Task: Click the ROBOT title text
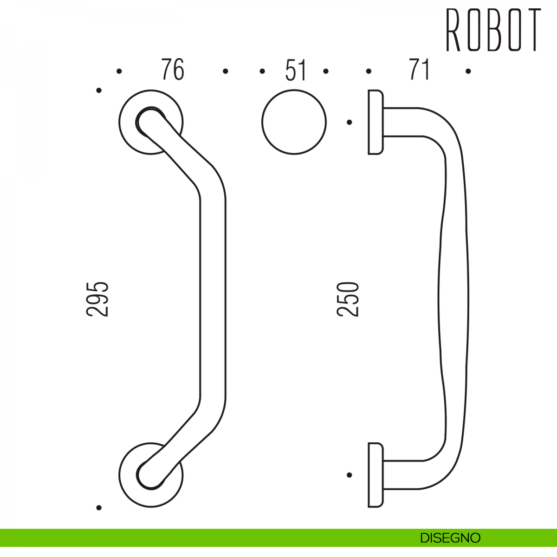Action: tap(493, 30)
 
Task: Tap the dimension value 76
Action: tap(173, 70)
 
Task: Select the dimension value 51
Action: tap(296, 71)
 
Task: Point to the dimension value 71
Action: tap(419, 70)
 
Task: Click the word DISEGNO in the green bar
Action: tap(450, 538)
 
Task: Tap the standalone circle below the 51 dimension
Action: tap(294, 122)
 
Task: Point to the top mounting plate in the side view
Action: tap(375, 122)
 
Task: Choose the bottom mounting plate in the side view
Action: tap(375, 475)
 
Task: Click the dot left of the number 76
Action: tap(119, 71)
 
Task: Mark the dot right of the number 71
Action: tap(468, 71)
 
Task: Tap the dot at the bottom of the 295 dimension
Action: tap(99, 508)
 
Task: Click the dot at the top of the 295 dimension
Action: tap(99, 90)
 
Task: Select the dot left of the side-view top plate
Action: tap(350, 122)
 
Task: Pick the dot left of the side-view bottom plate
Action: tap(350, 475)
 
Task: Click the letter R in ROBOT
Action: tap(453, 30)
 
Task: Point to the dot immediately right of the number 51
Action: tap(326, 71)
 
